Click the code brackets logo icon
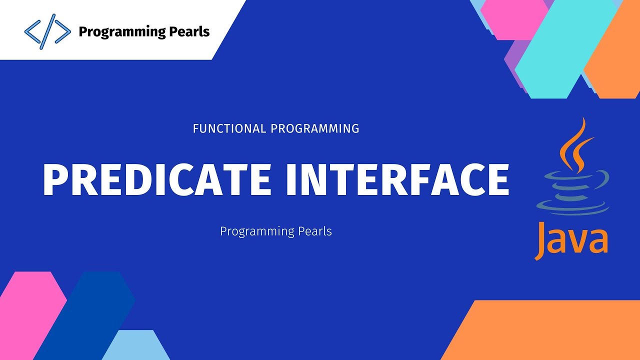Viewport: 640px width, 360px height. (x=47, y=32)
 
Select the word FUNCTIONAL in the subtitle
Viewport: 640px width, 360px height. (x=229, y=128)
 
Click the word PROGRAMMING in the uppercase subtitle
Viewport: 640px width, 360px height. (x=315, y=128)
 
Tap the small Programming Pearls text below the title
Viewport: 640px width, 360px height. (x=276, y=231)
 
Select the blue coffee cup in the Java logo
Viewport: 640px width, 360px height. (x=572, y=192)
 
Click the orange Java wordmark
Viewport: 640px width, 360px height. (x=571, y=239)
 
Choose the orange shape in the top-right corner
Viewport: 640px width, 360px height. (x=617, y=55)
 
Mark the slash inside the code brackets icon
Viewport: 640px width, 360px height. (x=47, y=32)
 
